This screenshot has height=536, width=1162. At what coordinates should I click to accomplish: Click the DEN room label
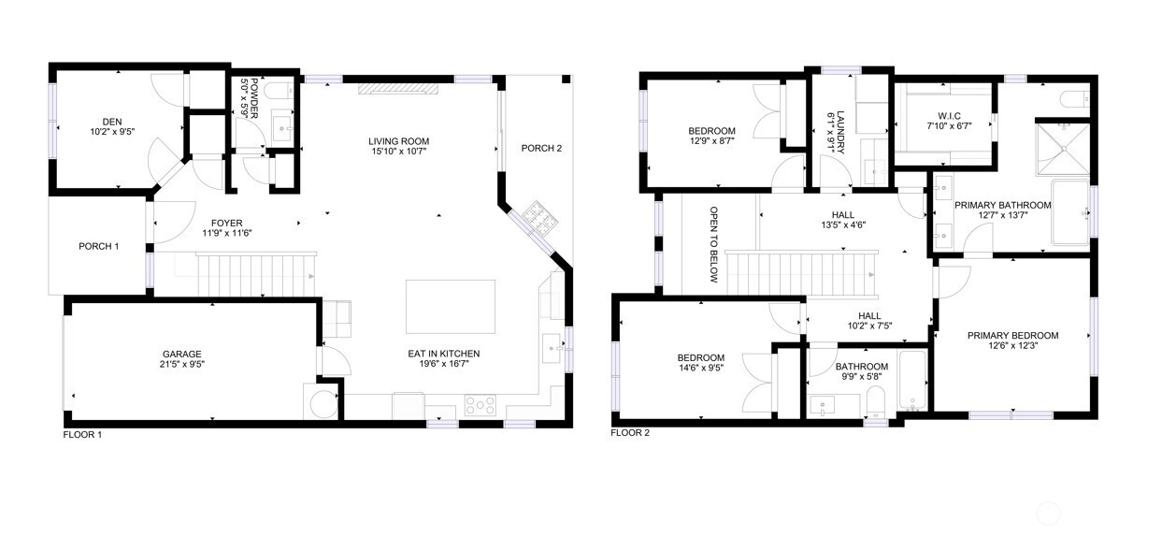click(112, 122)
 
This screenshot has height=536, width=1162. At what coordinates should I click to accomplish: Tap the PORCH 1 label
click(98, 246)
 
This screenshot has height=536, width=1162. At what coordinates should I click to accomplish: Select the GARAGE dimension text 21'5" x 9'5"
click(182, 364)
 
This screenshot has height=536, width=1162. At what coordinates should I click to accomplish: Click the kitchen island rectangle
click(451, 307)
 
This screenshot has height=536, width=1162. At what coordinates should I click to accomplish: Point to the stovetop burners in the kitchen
click(480, 405)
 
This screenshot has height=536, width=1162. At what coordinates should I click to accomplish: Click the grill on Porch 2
click(540, 217)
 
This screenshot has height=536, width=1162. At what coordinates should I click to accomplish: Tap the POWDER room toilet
click(279, 92)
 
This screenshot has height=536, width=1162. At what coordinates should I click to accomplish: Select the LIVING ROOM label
click(399, 141)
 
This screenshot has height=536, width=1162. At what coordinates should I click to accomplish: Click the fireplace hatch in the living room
click(398, 89)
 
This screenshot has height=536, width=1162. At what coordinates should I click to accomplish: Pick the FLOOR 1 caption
click(82, 435)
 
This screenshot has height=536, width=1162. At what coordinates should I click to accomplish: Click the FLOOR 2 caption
click(630, 433)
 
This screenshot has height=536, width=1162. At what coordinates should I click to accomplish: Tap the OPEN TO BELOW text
click(714, 244)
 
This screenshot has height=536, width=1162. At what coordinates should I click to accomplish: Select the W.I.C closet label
click(949, 116)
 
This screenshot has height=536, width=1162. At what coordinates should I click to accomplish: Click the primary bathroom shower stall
click(1063, 149)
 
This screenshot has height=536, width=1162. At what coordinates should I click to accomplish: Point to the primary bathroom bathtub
click(1069, 211)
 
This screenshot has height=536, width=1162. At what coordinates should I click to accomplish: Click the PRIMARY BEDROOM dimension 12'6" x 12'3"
click(1012, 345)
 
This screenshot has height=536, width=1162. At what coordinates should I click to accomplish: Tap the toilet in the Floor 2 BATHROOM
click(875, 401)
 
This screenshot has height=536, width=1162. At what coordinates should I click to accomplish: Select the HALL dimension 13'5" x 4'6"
click(843, 225)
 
